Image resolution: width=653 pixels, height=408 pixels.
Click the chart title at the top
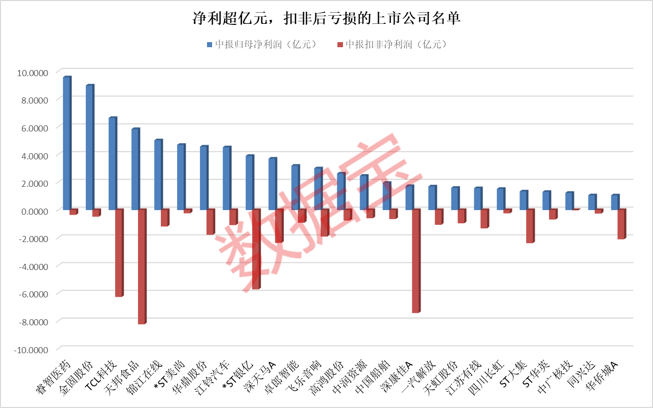click(326, 19)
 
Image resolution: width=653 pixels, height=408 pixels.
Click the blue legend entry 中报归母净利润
click(262, 45)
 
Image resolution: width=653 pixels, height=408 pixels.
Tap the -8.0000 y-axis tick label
click(31, 322)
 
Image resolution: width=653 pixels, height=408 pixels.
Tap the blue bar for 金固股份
click(89, 148)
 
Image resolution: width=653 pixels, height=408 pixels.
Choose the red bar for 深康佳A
click(416, 261)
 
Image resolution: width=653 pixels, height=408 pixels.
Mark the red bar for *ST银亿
click(256, 249)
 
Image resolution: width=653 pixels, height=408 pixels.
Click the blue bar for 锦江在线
click(157, 175)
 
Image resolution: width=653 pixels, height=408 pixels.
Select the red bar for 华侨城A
click(621, 224)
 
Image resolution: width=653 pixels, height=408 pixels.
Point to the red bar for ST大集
click(530, 226)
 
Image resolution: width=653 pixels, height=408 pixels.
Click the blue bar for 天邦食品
click(134, 169)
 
